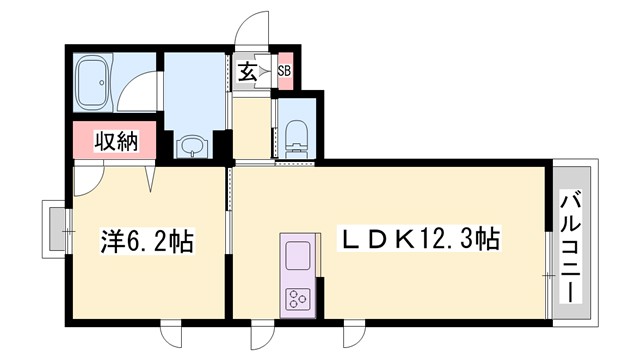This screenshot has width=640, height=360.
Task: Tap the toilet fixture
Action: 297,134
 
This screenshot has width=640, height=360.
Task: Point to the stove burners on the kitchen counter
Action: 298,298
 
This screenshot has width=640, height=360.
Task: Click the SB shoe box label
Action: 284,71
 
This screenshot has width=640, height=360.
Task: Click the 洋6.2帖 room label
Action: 147,241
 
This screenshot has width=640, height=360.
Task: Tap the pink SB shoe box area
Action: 285,71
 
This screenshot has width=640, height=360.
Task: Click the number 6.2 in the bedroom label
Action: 150,241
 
